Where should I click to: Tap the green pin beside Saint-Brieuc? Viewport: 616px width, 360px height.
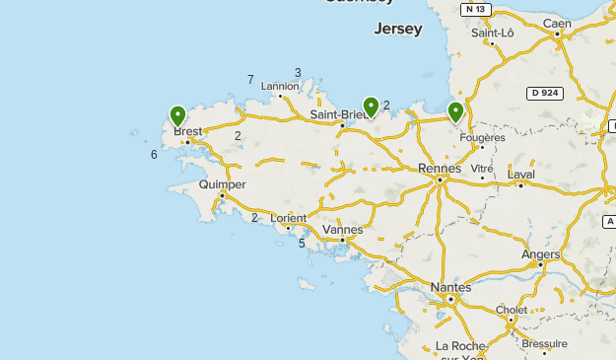click(x=371, y=106)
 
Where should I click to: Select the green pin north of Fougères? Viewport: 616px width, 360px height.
click(x=455, y=110)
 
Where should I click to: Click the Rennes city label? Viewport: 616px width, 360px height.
click(x=440, y=168)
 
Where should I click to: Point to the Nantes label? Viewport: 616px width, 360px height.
click(x=451, y=287)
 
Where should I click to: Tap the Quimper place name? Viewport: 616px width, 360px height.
click(x=222, y=184)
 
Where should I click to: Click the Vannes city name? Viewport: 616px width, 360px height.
click(x=342, y=230)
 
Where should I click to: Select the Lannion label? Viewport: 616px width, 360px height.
click(x=280, y=86)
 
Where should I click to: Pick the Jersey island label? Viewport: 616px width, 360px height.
click(x=398, y=30)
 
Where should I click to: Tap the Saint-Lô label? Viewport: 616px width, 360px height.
click(x=493, y=33)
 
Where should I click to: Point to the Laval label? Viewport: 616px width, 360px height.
click(x=520, y=175)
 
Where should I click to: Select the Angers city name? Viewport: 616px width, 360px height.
click(x=541, y=253)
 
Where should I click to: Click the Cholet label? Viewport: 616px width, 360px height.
click(x=512, y=309)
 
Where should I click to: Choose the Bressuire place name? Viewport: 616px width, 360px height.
click(x=544, y=343)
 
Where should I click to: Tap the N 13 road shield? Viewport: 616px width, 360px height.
click(x=475, y=9)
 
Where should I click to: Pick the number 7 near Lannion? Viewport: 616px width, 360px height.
click(x=251, y=80)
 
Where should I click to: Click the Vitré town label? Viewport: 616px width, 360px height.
click(x=482, y=169)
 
